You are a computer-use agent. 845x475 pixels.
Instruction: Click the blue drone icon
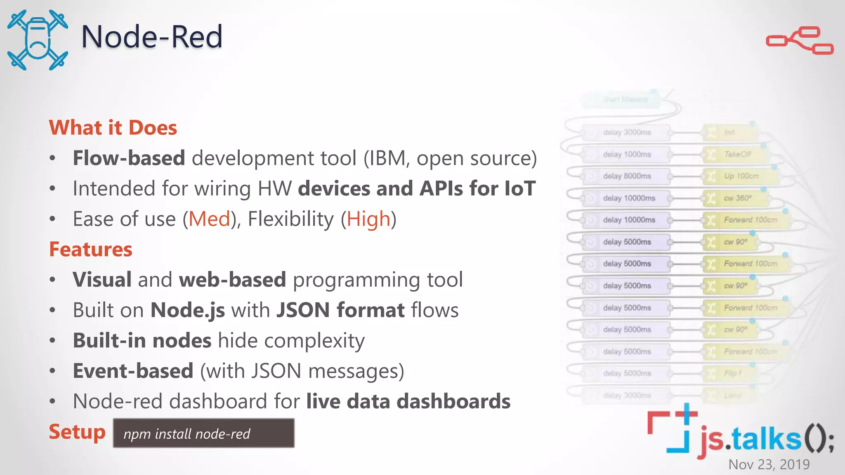(38, 40)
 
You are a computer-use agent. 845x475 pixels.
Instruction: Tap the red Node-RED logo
(799, 40)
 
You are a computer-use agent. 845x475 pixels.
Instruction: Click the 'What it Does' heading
(113, 127)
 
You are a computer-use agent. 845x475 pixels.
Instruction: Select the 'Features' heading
(91, 249)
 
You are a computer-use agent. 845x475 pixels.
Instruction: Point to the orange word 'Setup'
(77, 432)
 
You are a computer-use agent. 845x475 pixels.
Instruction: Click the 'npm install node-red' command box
(203, 433)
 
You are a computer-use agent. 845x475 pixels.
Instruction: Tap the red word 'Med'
(209, 219)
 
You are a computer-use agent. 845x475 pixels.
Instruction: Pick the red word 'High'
(368, 219)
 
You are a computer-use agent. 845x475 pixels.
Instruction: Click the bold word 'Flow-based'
(129, 158)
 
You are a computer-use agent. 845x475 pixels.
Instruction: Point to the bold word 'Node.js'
(188, 310)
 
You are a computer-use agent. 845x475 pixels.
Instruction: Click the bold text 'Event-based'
(133, 371)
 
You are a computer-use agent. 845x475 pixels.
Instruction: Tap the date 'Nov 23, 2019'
(769, 464)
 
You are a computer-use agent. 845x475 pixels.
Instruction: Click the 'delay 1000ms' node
(626, 154)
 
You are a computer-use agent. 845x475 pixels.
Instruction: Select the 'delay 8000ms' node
(626, 176)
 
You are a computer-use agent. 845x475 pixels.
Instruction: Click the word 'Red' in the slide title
(196, 36)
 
